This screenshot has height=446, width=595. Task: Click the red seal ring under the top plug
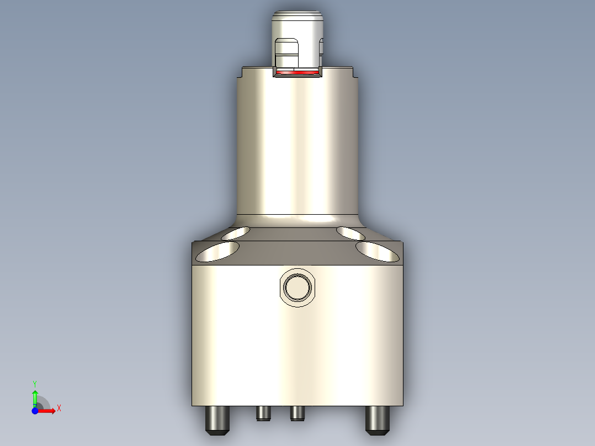point(297,72)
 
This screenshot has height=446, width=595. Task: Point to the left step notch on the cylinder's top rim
point(243,72)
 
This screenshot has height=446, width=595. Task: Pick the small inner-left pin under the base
point(263,413)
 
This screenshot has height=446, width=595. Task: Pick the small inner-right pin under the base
point(297,413)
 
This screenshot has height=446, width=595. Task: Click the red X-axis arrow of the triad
point(48,411)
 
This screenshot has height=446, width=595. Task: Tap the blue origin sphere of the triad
point(35,411)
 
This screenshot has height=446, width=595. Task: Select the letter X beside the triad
point(59,408)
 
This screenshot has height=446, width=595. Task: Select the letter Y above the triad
point(35,383)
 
